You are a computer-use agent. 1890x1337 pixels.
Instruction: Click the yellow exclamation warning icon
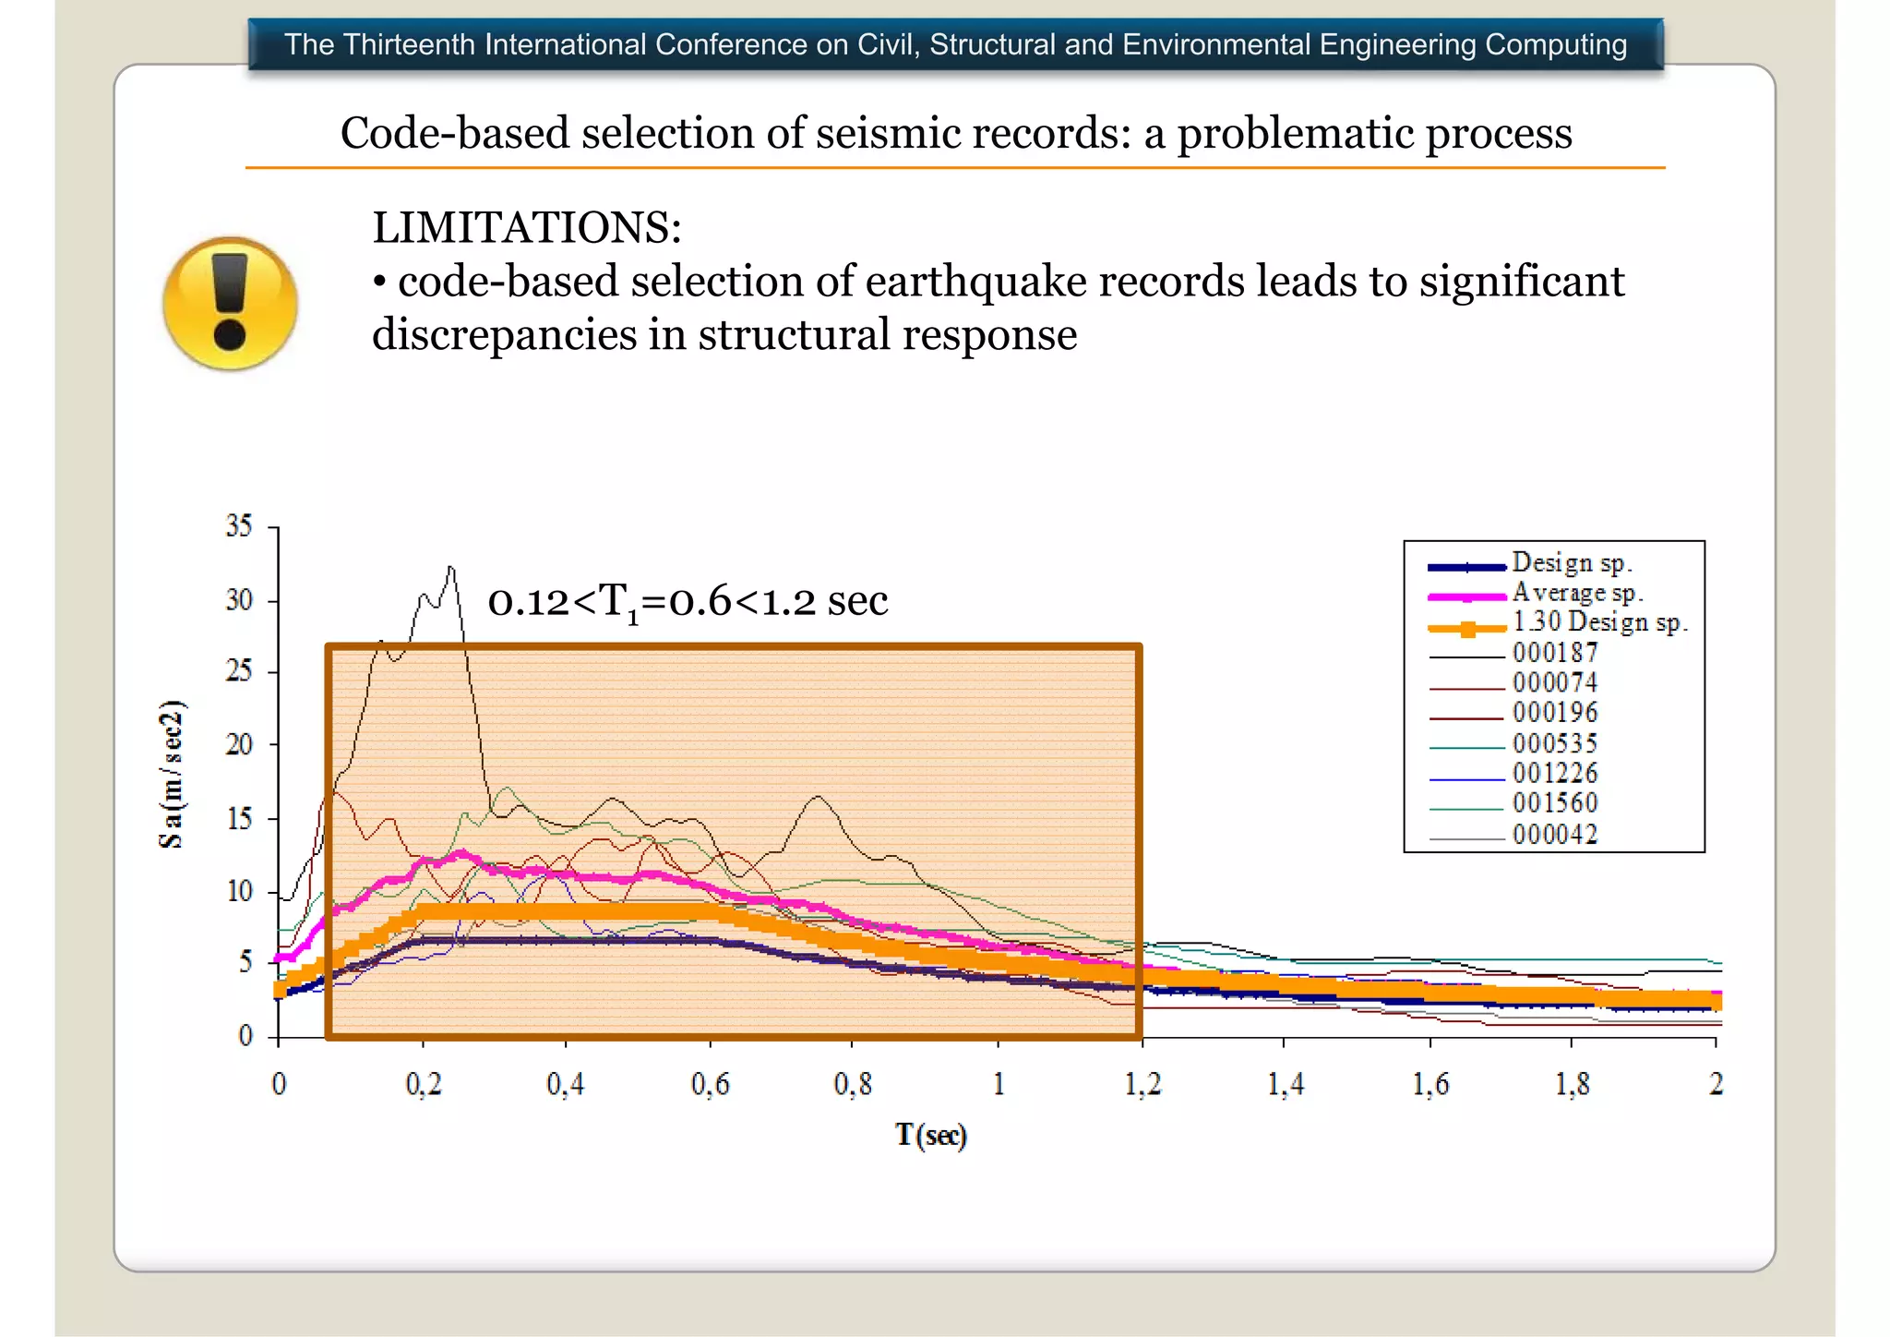pos(230,303)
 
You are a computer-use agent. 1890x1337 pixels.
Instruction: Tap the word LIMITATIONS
pos(526,228)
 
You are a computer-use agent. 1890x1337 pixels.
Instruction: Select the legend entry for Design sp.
pos(1571,563)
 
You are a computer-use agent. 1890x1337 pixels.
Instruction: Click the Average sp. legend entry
pos(1576,593)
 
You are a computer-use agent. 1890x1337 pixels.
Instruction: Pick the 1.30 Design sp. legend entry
pos(1599,623)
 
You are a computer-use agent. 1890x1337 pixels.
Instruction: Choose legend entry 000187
pos(1555,653)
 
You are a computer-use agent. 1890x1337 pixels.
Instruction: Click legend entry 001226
pos(1555,774)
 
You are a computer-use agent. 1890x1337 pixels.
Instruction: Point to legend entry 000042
pos(1555,835)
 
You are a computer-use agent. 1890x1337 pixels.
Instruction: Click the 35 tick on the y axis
pos(239,526)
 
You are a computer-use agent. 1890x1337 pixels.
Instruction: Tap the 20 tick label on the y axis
pos(239,744)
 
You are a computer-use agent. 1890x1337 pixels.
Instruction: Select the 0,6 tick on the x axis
pos(710,1084)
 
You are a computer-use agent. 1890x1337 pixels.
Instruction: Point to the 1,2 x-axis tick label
pos(1142,1084)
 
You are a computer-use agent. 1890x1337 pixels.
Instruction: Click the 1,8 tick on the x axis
pos(1573,1084)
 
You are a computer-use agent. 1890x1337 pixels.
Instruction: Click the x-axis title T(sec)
pos(930,1135)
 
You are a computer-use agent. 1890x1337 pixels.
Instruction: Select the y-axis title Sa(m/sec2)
pos(172,774)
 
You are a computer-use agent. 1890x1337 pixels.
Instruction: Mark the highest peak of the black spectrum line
pos(450,568)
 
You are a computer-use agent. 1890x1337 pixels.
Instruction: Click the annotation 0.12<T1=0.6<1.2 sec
pos(688,602)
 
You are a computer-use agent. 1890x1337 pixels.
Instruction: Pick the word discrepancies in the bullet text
pos(504,335)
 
